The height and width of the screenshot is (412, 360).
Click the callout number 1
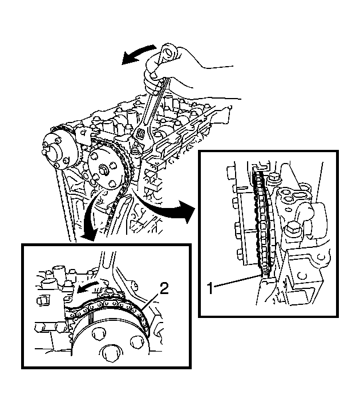tap(211, 288)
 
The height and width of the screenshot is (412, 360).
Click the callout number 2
tap(164, 289)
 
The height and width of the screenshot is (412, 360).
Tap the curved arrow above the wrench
tap(138, 54)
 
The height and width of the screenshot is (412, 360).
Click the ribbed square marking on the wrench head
tap(140, 134)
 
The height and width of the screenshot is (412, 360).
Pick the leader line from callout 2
tap(151, 301)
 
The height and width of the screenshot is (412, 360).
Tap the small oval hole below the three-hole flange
tap(289, 209)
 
